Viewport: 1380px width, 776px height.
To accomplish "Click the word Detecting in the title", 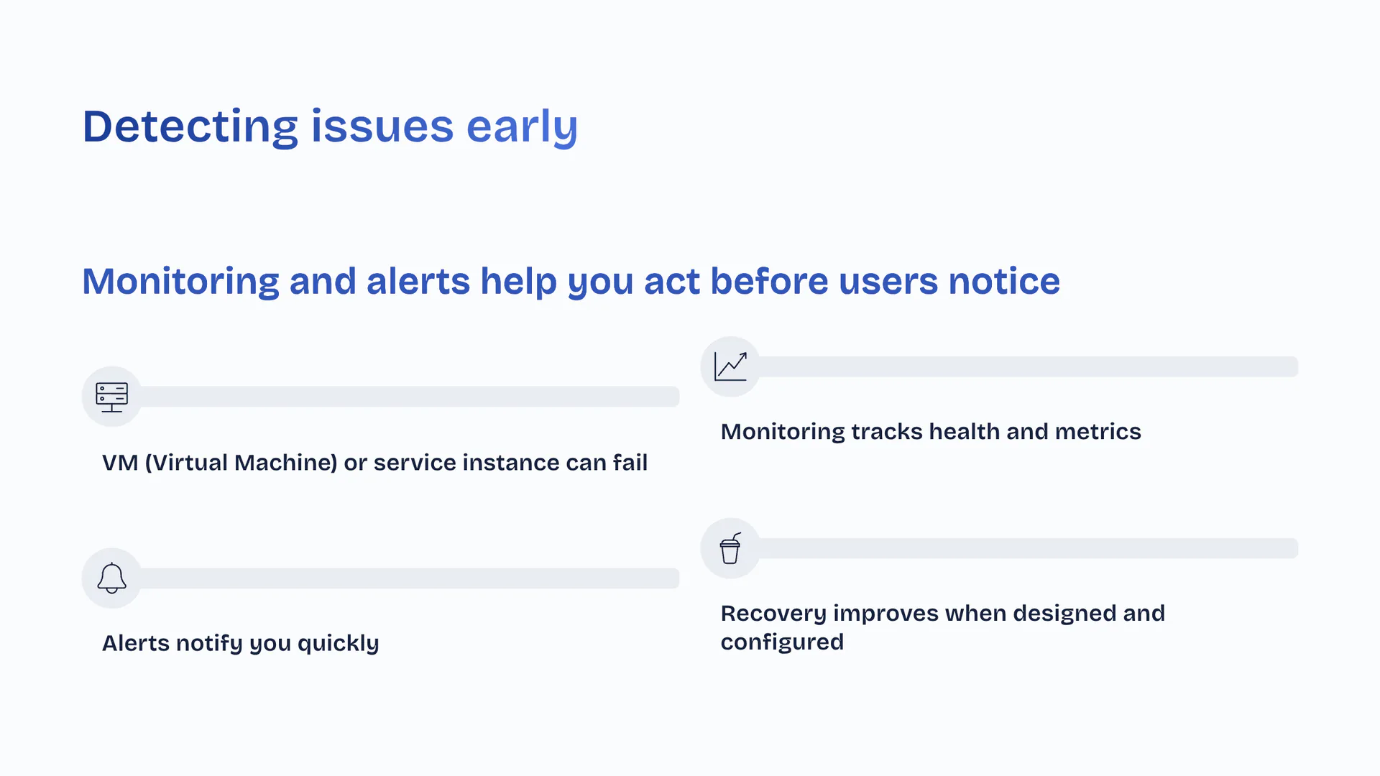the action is click(x=190, y=127).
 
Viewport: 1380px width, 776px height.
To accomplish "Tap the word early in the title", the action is click(x=522, y=127).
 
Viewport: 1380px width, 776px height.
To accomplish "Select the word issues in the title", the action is click(x=382, y=126).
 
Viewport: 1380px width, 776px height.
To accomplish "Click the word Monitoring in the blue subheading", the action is click(x=180, y=282).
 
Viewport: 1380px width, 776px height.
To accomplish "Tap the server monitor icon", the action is click(x=111, y=397).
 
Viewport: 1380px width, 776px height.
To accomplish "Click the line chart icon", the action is click(x=730, y=366).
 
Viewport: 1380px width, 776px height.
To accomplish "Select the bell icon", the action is click(x=111, y=578).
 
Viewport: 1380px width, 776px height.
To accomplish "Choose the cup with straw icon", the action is click(x=730, y=548).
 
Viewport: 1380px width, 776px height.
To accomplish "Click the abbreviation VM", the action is click(x=120, y=463).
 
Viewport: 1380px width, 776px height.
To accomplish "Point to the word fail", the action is click(x=630, y=462).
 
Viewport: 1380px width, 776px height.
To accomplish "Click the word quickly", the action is click(x=338, y=643).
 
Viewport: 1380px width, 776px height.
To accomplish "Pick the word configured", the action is click(x=782, y=642).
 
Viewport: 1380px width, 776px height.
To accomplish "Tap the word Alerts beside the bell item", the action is click(x=135, y=643).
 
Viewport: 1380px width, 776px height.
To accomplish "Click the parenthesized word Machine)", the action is click(x=286, y=463).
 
